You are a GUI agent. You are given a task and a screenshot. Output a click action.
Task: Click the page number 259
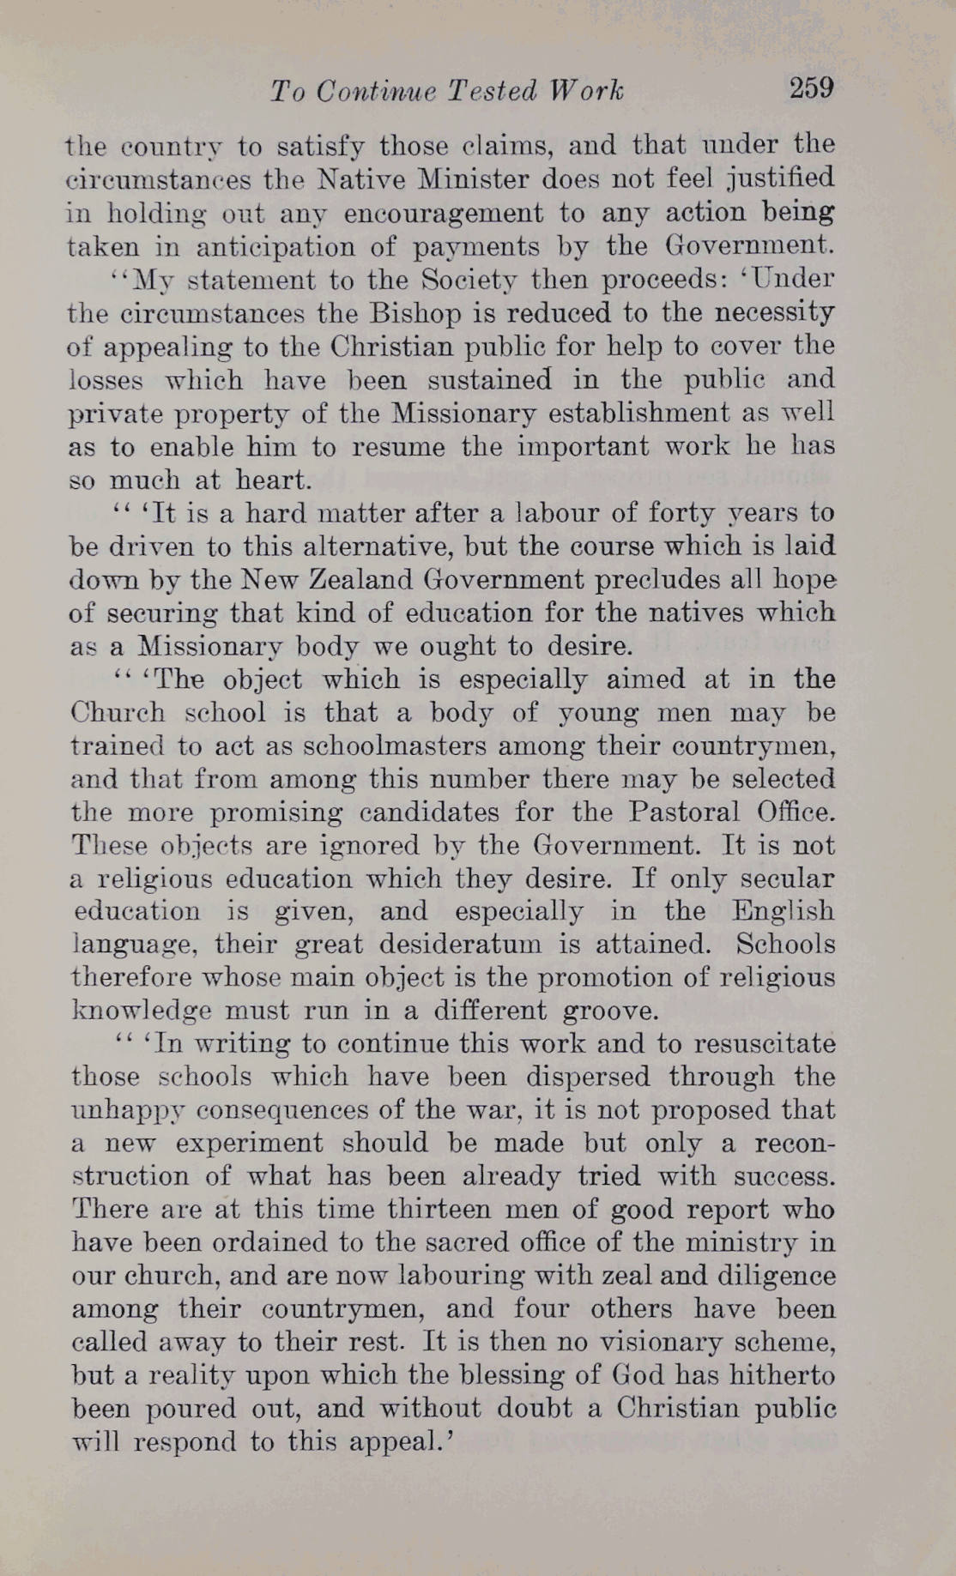point(811,88)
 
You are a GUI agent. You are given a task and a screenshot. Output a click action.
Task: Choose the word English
point(783,911)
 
